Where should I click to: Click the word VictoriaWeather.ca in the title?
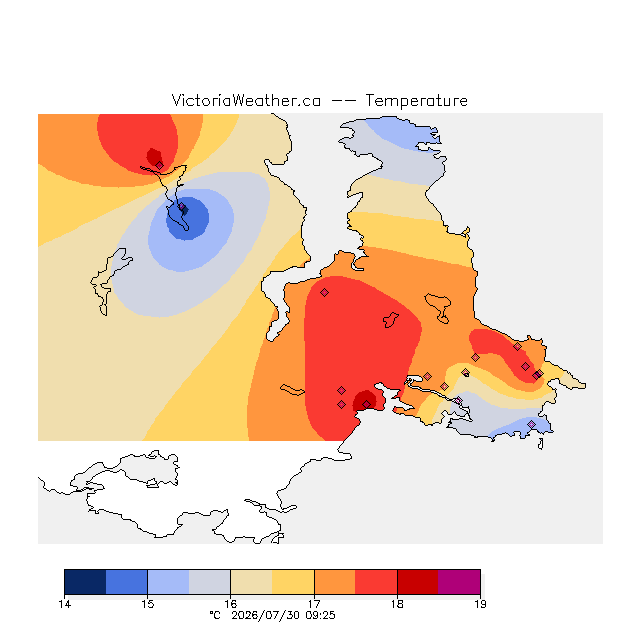pos(246,100)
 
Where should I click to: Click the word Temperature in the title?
pos(416,100)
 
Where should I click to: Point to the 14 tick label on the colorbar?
pos(64,604)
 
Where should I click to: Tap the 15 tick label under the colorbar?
pos(147,604)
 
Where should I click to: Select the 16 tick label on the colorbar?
pos(231,604)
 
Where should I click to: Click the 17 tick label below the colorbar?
pos(314,604)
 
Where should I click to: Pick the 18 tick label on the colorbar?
pos(397,604)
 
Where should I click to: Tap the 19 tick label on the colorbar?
pos(480,604)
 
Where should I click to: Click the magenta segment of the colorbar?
pos(459,582)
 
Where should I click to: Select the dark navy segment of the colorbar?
pos(85,582)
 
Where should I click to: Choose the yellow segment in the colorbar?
pos(293,582)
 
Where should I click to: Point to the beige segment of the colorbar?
pos(251,582)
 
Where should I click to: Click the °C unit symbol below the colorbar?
pos(215,616)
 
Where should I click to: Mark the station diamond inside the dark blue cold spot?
pos(183,208)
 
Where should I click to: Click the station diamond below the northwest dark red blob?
pos(160,165)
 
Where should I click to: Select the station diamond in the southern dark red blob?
pos(367,404)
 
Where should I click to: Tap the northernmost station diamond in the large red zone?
pos(324,292)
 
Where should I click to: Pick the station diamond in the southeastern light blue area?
pos(531,424)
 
